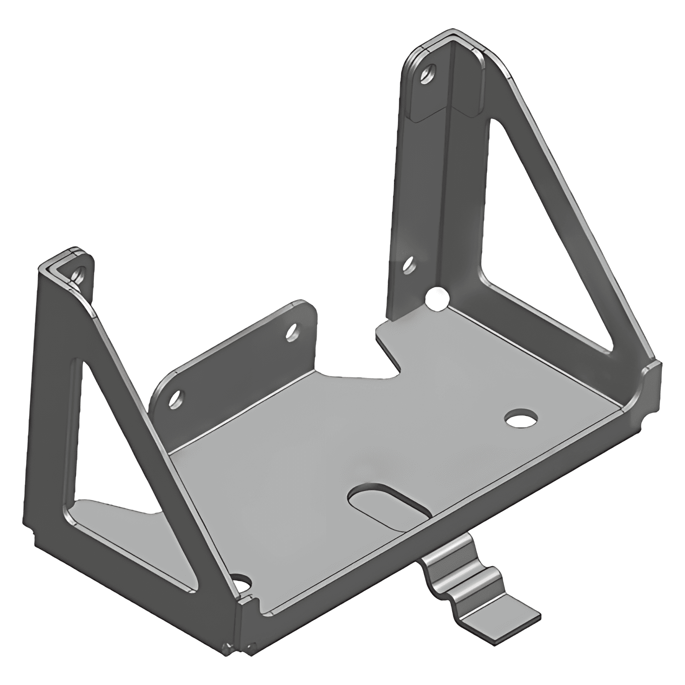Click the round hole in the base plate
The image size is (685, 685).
click(x=520, y=418)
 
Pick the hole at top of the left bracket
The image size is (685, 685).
click(x=78, y=274)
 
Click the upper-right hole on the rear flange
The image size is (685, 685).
click(x=292, y=332)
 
